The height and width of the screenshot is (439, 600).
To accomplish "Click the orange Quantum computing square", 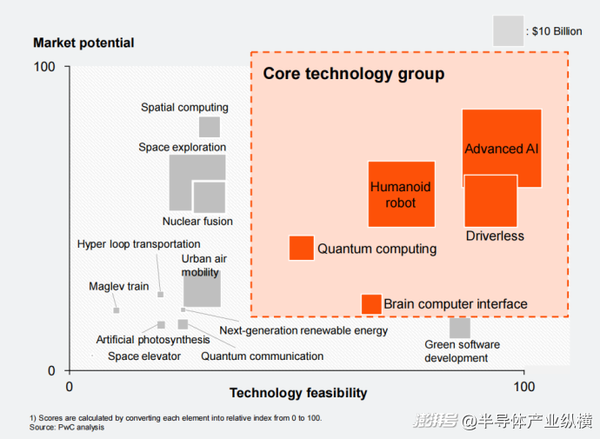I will click(301, 248).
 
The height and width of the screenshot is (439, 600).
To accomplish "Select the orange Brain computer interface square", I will click(371, 304).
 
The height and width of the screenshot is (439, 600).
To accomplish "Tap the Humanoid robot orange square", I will click(401, 194).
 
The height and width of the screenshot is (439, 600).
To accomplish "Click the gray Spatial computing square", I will click(210, 127).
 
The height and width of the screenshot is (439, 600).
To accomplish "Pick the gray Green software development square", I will click(460, 328).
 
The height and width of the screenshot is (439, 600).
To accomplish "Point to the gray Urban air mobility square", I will click(202, 289).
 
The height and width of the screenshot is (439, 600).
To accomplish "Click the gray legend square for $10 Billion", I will click(508, 31).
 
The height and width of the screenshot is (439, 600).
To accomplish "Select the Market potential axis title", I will click(83, 43).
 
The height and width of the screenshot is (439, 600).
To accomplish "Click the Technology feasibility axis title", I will click(298, 393).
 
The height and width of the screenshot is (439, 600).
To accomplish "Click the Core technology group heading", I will click(354, 74).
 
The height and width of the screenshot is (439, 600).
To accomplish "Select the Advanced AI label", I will click(502, 149).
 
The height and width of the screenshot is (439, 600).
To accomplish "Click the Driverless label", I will click(495, 236).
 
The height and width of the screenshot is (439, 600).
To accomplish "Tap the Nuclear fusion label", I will click(197, 222).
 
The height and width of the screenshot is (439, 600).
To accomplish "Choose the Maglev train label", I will click(119, 286).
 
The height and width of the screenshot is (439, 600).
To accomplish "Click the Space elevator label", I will click(144, 356).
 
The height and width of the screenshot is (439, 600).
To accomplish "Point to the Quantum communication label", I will click(263, 356).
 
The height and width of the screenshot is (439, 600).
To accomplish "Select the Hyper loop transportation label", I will click(139, 244).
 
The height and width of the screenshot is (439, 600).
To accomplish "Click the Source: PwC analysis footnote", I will click(67, 427).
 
